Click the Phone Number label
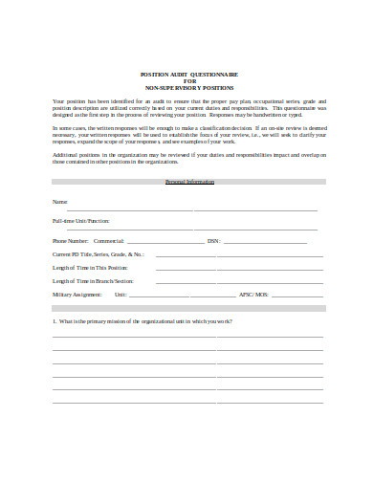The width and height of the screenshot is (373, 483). coord(71,241)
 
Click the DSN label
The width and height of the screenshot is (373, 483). coord(212,241)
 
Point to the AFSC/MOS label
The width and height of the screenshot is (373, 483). coord(252,295)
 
